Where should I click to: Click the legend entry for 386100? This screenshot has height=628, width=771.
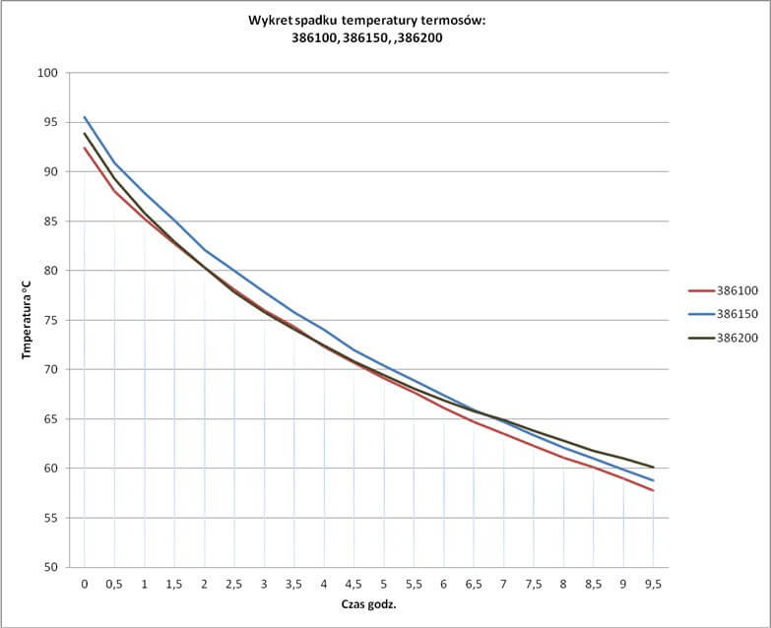(730, 290)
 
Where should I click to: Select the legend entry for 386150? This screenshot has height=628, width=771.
(730, 314)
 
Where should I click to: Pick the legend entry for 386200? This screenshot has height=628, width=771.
(730, 338)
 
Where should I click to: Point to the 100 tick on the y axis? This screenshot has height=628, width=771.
(49, 73)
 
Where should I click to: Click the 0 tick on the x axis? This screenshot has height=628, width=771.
(85, 584)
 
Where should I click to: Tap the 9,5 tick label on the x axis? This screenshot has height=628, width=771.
(654, 584)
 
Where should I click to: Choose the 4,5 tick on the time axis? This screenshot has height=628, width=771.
(354, 584)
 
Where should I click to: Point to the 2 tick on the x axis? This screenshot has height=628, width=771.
(205, 584)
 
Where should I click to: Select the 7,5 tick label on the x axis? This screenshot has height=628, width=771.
(534, 584)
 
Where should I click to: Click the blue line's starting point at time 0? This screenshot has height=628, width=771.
(85, 117)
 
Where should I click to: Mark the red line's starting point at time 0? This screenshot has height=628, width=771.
(85, 148)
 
